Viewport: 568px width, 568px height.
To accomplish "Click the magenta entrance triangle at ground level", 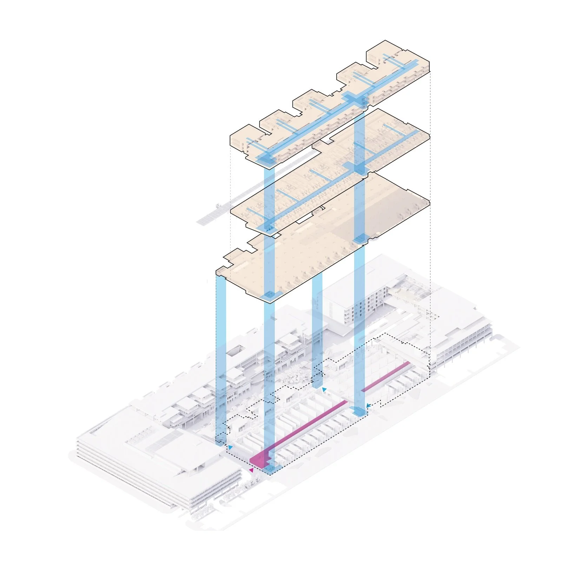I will point(251,470).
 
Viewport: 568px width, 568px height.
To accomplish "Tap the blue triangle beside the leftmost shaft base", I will point(230,447).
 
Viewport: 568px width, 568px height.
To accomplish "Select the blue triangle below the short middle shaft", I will point(324,390).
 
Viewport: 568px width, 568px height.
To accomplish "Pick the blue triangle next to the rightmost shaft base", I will point(368,406).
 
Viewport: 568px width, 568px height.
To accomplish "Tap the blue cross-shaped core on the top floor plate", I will point(355,98).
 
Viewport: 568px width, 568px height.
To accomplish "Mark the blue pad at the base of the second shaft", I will point(270,469).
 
